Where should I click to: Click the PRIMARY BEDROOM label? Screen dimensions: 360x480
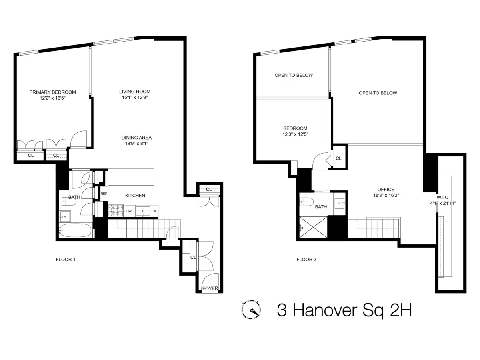[x=52, y=92]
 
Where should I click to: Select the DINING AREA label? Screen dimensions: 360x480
[x=136, y=138]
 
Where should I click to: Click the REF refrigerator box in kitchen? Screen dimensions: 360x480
[x=104, y=194]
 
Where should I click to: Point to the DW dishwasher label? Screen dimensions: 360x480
[x=129, y=210]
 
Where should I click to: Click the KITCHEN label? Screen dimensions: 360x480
[x=135, y=196]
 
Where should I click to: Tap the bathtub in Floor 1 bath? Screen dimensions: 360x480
[x=76, y=231]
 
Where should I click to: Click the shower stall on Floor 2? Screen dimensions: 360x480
[x=314, y=228]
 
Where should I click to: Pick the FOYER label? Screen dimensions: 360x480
[x=210, y=288]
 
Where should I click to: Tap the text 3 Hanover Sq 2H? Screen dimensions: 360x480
[x=344, y=310]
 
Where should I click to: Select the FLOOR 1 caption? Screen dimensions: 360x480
[x=66, y=260]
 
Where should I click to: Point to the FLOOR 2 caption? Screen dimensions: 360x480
[x=306, y=260]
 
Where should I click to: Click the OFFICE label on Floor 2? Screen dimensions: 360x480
[x=386, y=190]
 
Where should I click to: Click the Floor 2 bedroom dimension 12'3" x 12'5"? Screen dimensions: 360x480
[x=296, y=134]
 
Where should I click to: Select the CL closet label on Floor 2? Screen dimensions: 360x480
[x=338, y=158]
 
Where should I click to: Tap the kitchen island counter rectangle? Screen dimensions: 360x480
[x=131, y=177]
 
